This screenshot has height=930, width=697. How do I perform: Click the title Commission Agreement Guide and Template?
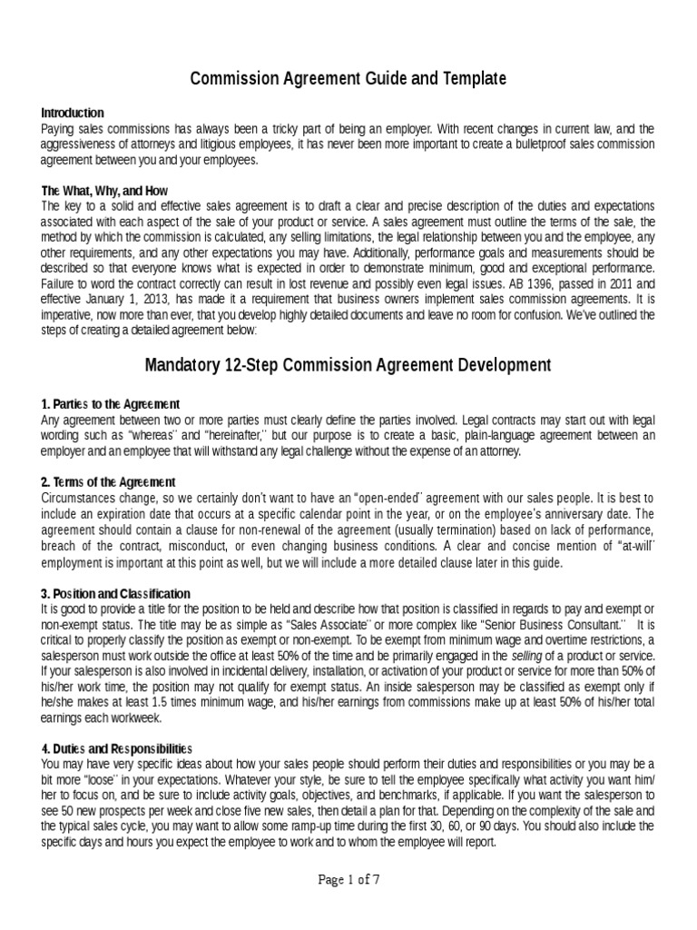(x=348, y=80)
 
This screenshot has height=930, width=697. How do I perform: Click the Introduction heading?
(x=73, y=113)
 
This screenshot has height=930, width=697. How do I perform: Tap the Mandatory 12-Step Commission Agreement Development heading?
(x=348, y=365)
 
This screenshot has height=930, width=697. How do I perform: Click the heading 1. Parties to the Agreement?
(x=111, y=403)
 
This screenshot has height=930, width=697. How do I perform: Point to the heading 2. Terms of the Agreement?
(x=108, y=481)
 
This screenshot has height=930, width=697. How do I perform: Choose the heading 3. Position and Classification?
(x=115, y=592)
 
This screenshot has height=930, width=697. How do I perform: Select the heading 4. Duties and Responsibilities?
(x=117, y=748)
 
